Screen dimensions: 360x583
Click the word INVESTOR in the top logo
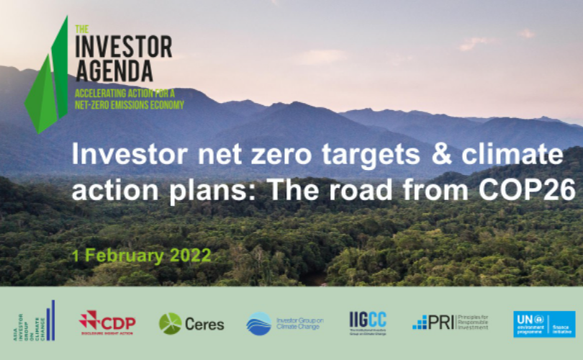point(124,48)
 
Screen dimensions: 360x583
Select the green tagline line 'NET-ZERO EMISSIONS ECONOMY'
point(130,104)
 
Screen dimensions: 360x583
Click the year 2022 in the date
point(191,256)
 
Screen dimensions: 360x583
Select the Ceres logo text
point(204,324)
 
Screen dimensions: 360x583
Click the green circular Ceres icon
point(170,324)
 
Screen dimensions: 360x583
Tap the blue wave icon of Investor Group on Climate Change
point(259,324)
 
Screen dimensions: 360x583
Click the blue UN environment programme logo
point(544,324)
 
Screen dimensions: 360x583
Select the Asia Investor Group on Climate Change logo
point(36,321)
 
